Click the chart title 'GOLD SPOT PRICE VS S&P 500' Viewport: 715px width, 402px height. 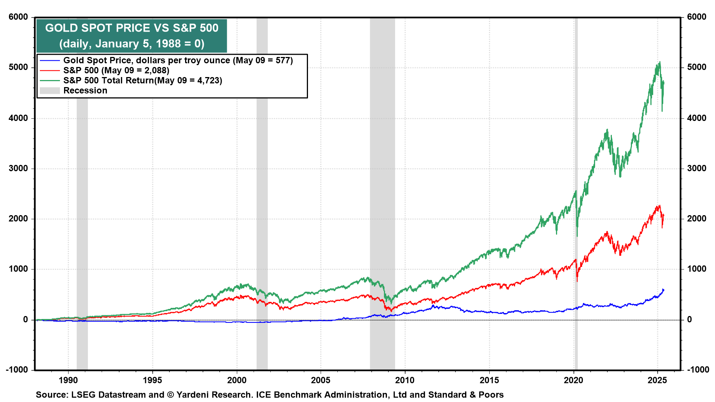pyautogui.click(x=131, y=28)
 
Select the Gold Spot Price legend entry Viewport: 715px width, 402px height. pyautogui.click(x=178, y=60)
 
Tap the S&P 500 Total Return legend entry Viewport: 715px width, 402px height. pyautogui.click(x=143, y=80)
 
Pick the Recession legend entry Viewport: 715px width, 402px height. pyautogui.click(x=85, y=90)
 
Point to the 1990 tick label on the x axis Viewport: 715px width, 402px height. pyautogui.click(x=68, y=380)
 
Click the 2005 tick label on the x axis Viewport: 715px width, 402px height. pyautogui.click(x=321, y=380)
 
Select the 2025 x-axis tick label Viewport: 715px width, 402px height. pyautogui.click(x=657, y=380)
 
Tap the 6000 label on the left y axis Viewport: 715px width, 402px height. pyautogui.click(x=18, y=17)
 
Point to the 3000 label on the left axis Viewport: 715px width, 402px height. pyautogui.click(x=18, y=168)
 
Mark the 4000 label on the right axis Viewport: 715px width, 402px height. pyautogui.click(x=696, y=118)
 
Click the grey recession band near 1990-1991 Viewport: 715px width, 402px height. pyautogui.click(x=82, y=223)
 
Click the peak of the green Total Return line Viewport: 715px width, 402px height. pyautogui.click(x=660, y=62)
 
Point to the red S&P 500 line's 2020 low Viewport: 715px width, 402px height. pyautogui.click(x=577, y=281)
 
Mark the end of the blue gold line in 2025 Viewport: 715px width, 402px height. pyautogui.click(x=664, y=290)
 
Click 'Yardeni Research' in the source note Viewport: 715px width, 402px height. pyautogui.click(x=214, y=395)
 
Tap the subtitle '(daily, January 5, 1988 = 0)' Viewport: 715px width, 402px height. pyautogui.click(x=131, y=44)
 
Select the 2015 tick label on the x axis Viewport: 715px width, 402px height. pyautogui.click(x=489, y=380)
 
